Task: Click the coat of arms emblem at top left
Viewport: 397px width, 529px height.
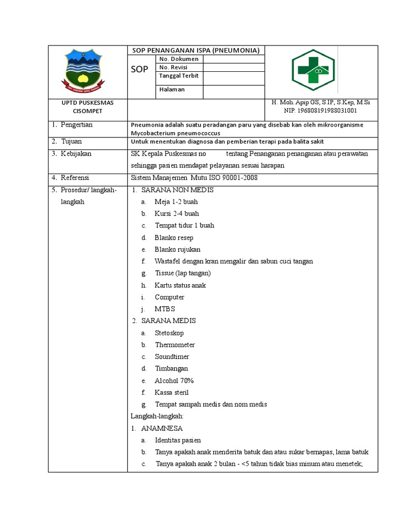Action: [83, 70]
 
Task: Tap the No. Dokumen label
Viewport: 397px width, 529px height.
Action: [179, 59]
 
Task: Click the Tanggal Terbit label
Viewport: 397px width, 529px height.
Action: [179, 75]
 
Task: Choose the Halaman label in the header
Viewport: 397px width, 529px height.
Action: [172, 89]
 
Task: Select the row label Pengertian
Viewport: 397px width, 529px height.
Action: [76, 125]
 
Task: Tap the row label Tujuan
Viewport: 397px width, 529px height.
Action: [71, 142]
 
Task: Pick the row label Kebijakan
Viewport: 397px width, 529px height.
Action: [76, 154]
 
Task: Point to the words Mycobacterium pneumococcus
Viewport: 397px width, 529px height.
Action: [175, 133]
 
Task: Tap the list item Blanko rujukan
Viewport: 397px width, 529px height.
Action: [177, 250]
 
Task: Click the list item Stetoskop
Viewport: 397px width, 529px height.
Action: [169, 333]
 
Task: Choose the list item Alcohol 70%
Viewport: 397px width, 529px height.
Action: [174, 381]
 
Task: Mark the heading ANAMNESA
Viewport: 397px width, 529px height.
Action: [162, 428]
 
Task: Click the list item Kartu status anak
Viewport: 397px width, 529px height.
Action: [180, 285]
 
